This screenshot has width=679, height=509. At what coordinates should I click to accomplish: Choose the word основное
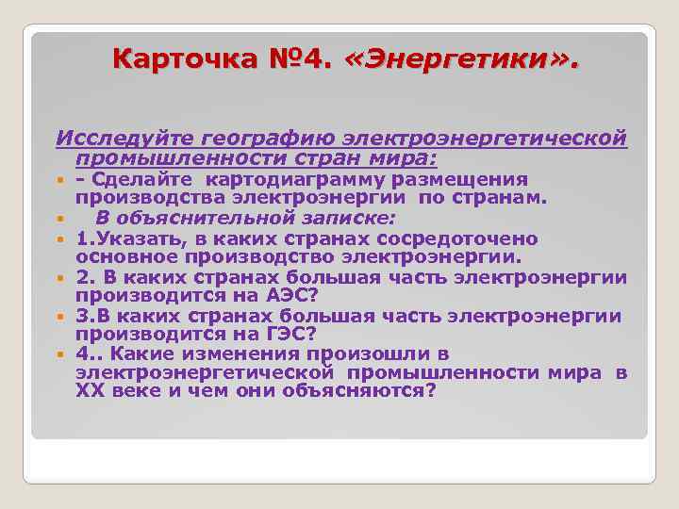pyautogui.click(x=132, y=256)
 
